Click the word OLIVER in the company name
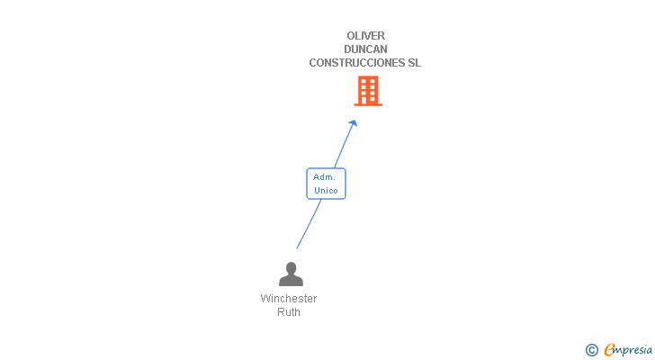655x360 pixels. pyautogui.click(x=365, y=36)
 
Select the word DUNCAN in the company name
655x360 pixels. pyautogui.click(x=365, y=49)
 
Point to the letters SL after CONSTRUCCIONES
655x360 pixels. pyautogui.click(x=414, y=63)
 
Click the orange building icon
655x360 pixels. pyautogui.click(x=367, y=90)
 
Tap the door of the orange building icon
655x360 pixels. pyautogui.click(x=367, y=100)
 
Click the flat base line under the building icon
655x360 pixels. pyautogui.click(x=367, y=105)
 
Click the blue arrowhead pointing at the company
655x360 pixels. pyautogui.click(x=354, y=123)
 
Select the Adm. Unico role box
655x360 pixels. pyautogui.click(x=326, y=184)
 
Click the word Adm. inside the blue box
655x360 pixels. pyautogui.click(x=325, y=177)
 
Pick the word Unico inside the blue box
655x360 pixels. pyautogui.click(x=326, y=191)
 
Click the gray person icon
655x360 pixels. pyautogui.click(x=291, y=274)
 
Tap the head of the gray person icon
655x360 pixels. pyautogui.click(x=291, y=267)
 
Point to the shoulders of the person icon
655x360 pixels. pyautogui.click(x=291, y=281)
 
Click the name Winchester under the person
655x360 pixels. pyautogui.click(x=289, y=299)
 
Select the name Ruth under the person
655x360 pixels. pyautogui.click(x=289, y=312)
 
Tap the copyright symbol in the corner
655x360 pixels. pyautogui.click(x=592, y=350)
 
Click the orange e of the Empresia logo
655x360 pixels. pyautogui.click(x=609, y=350)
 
